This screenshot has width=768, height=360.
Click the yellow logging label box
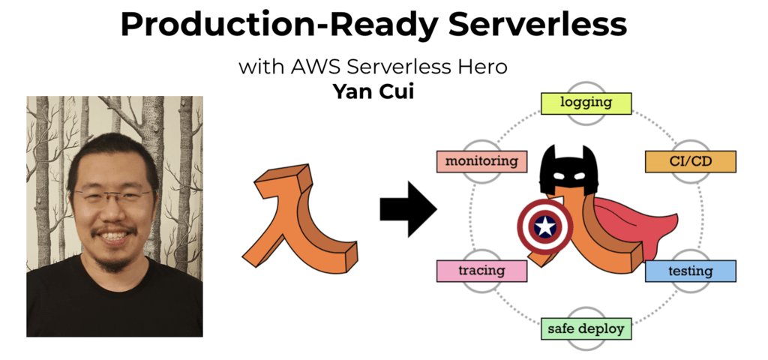(586, 103)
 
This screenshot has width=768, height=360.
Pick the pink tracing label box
(482, 271)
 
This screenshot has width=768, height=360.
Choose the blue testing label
(690, 271)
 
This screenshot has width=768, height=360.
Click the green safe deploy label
(586, 328)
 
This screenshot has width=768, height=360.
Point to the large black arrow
(408, 210)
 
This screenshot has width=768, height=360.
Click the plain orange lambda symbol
(299, 217)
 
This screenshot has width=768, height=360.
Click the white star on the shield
(544, 226)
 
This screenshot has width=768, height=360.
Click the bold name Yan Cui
(373, 91)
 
